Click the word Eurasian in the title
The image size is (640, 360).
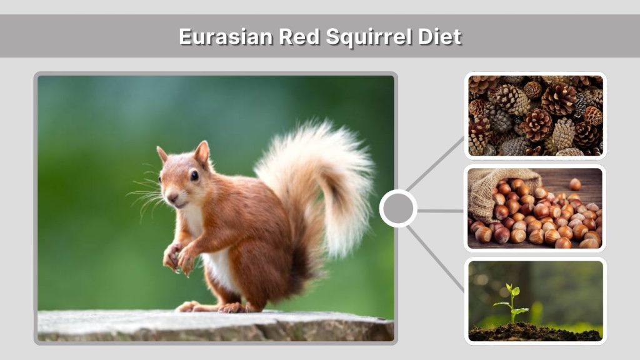(x=226, y=36)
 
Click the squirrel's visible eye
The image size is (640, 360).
(x=194, y=176)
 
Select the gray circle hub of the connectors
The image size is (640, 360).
(x=398, y=208)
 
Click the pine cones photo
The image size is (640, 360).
(x=535, y=116)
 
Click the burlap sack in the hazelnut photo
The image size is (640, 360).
(x=491, y=187)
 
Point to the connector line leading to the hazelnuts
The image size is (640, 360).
(x=440, y=211)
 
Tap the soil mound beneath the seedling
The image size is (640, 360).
(x=519, y=332)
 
